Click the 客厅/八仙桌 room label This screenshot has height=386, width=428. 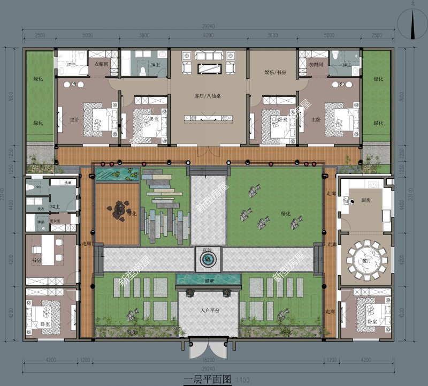click(x=208, y=97)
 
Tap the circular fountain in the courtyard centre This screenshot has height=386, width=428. click(x=207, y=260)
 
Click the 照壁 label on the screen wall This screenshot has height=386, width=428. click(x=209, y=280)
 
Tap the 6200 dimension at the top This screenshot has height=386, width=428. click(x=208, y=35)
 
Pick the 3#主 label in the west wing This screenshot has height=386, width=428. click(x=55, y=207)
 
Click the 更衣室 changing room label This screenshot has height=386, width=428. click(x=55, y=221)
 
